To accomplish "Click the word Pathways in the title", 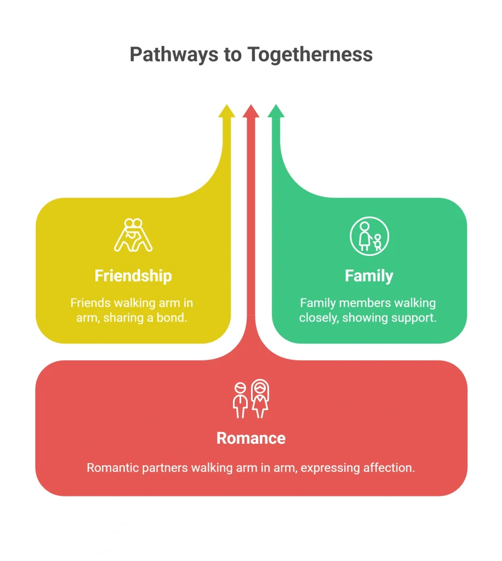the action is click(x=174, y=55).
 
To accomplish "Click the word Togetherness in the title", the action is click(x=310, y=54).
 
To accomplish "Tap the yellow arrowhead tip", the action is click(x=226, y=105).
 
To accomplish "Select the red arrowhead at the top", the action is click(x=251, y=111).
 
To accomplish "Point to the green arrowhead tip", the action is click(x=276, y=105).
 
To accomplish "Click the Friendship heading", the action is click(x=133, y=276).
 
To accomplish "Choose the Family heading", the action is click(x=369, y=276).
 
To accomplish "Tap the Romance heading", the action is click(x=251, y=438).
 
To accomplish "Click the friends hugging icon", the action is click(x=133, y=235).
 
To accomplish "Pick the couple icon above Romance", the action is click(x=251, y=399).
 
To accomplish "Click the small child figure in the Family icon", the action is click(x=377, y=242).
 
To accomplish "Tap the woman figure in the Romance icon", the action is click(x=260, y=399).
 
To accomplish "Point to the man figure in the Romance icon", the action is click(x=240, y=400).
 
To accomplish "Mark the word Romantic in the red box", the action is click(x=113, y=468).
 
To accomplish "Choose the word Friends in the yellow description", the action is click(x=90, y=303).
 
